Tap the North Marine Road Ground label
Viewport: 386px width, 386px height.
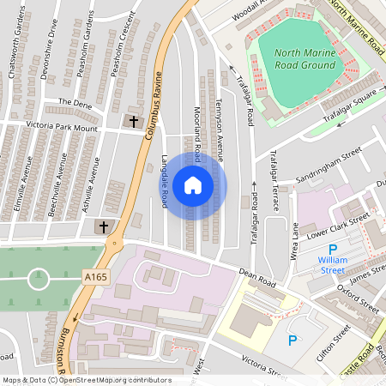point(305,58)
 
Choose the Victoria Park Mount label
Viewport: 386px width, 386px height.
point(62,126)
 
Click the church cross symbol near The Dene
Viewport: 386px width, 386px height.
point(134,122)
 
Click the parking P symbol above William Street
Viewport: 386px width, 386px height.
point(333,249)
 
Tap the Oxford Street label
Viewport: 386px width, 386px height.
point(358,297)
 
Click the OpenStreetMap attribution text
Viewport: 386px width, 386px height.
point(87,380)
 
